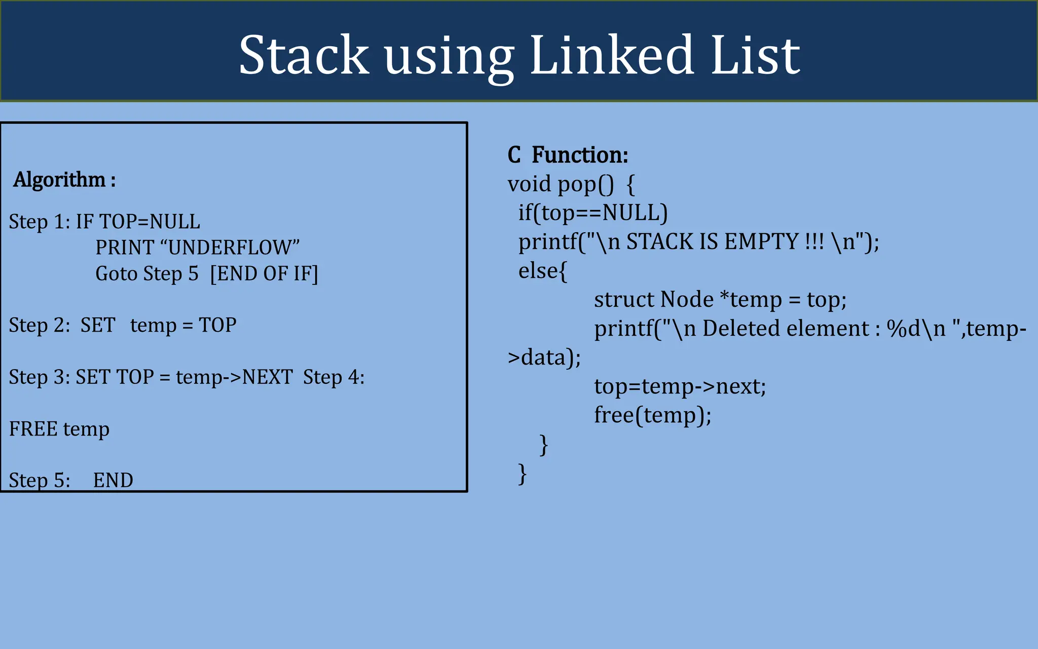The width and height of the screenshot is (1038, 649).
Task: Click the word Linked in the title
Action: [x=612, y=55]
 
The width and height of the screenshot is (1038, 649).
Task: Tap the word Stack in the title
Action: [x=304, y=55]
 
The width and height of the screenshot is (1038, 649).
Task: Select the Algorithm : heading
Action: [x=64, y=180]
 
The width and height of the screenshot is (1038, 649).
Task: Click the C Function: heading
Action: [x=568, y=155]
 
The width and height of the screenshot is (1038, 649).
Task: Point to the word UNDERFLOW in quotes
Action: [x=230, y=248]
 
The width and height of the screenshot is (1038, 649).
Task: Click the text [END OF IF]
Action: [x=264, y=274]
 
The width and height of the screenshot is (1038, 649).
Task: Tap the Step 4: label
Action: [x=333, y=377]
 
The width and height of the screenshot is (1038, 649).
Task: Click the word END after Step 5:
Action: [x=113, y=480]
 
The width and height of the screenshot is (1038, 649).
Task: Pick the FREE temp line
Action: [x=59, y=429]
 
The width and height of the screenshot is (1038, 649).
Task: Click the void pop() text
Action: [x=561, y=184]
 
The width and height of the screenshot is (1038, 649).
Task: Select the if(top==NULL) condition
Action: [x=592, y=213]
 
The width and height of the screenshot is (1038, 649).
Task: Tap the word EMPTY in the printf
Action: [x=761, y=242]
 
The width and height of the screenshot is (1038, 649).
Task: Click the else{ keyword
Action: [x=542, y=271]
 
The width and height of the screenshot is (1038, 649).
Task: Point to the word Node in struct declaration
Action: [x=687, y=300]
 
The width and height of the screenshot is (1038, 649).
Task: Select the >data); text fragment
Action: [x=544, y=357]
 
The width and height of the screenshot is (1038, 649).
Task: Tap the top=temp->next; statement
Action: [x=680, y=387]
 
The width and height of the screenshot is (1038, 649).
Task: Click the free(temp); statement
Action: [x=653, y=415]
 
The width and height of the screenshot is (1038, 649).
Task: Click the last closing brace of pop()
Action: [x=523, y=474]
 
